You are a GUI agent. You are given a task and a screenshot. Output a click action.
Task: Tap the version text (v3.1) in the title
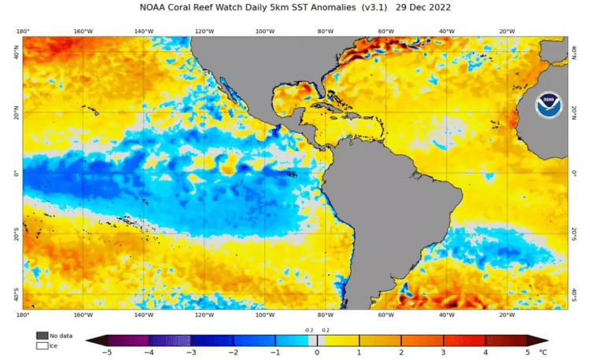(x=377, y=8)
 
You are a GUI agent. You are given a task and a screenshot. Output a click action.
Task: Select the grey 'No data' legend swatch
(x=41, y=335)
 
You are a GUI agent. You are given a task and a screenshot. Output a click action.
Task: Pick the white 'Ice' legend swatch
(x=41, y=344)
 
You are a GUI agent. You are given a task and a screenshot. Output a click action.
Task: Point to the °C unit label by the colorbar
(x=543, y=353)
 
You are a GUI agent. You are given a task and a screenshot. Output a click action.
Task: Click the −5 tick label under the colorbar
(x=107, y=353)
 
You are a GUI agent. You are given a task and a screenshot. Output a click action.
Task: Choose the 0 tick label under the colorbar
(x=317, y=353)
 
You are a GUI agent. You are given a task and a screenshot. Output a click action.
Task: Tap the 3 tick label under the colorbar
(x=444, y=353)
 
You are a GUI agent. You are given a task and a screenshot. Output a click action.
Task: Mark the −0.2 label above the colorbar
(x=308, y=330)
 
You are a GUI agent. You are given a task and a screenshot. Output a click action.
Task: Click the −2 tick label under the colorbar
(x=233, y=353)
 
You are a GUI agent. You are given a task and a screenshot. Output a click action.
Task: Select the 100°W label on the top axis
(x=265, y=31)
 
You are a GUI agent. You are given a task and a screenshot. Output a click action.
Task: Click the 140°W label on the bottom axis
(x=144, y=314)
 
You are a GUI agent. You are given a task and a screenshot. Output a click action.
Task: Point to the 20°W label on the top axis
(x=507, y=31)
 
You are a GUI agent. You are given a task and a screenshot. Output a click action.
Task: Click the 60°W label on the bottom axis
(x=386, y=314)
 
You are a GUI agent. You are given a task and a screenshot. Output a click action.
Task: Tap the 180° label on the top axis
(x=23, y=31)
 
